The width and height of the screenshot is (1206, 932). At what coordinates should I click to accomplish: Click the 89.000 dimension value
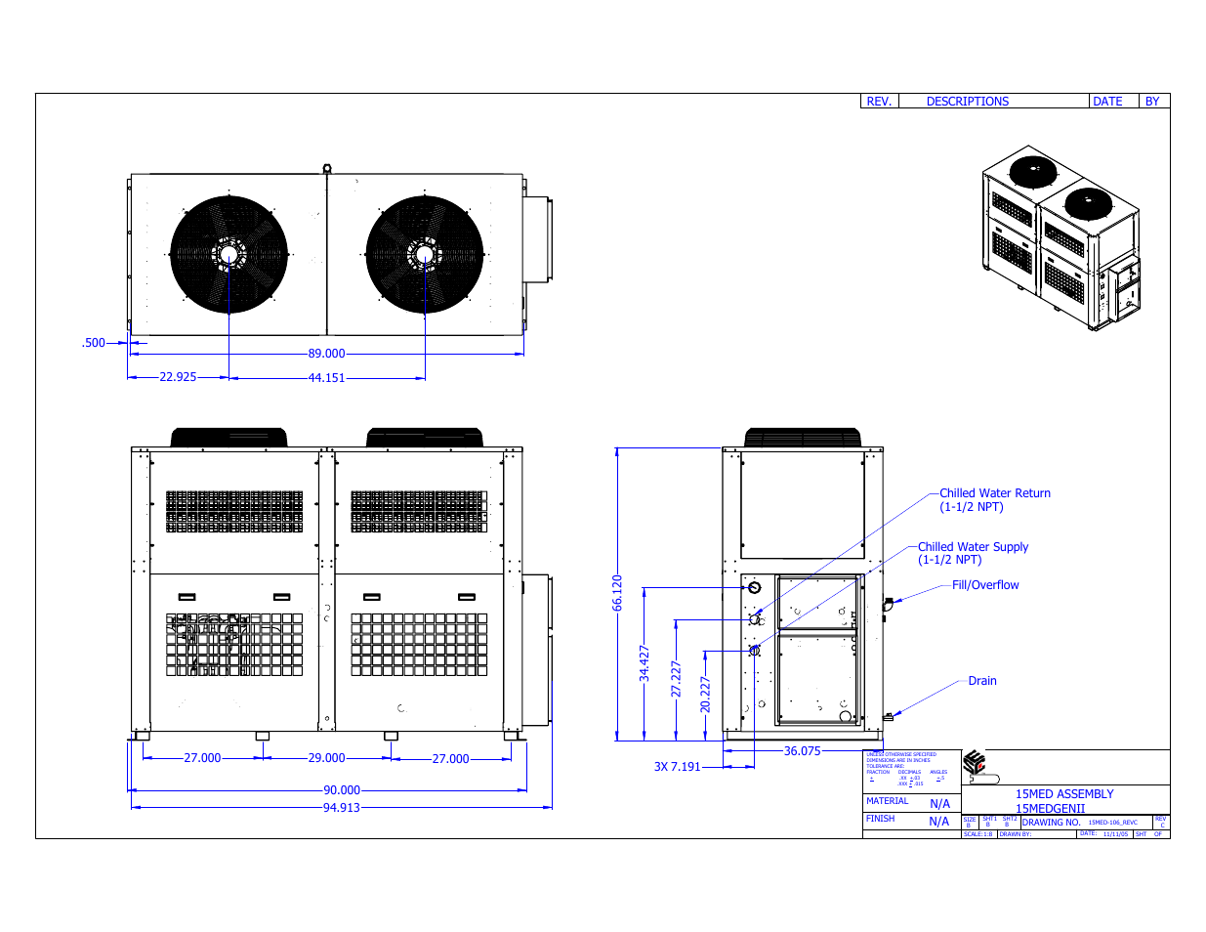coord(326,354)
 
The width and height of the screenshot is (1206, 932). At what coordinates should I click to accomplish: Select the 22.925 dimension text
coord(178,377)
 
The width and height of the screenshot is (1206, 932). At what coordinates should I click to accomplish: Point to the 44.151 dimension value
coord(326,378)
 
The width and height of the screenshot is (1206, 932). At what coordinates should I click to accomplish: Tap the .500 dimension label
coord(93,343)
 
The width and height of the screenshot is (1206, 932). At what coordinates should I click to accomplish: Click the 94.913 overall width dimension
coord(341,808)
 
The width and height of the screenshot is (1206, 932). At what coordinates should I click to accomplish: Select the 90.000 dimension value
coord(341,790)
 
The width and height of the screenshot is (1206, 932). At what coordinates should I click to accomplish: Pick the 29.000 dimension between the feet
coord(326,758)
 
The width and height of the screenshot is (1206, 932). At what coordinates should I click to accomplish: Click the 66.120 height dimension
coord(617,593)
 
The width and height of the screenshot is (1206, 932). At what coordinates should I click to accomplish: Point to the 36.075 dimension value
coord(802,751)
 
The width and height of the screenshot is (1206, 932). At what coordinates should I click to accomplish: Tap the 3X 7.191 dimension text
coord(677,767)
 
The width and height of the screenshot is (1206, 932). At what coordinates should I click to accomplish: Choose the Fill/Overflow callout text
coord(985,585)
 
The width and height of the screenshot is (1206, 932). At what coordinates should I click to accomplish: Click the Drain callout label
coord(982,681)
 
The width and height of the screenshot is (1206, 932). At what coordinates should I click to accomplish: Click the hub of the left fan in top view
coord(229,254)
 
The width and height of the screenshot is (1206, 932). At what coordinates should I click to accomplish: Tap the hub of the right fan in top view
coord(424,254)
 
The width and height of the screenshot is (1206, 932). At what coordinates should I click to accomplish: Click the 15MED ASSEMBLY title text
coord(1063,794)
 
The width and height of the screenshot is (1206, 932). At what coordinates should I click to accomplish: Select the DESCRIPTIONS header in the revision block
coord(967,102)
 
